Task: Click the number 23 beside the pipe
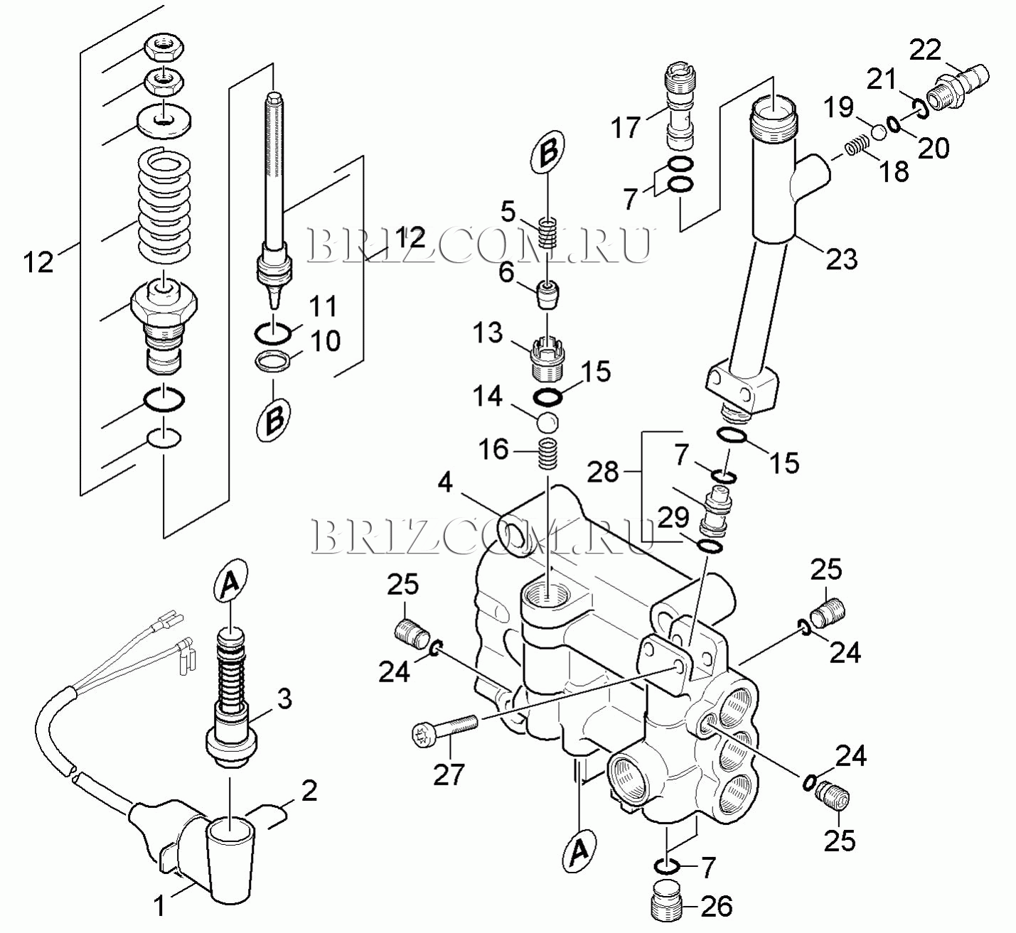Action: [841, 259]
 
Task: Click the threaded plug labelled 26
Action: [665, 907]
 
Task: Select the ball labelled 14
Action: [547, 421]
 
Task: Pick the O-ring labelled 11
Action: [272, 334]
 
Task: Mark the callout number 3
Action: [284, 700]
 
